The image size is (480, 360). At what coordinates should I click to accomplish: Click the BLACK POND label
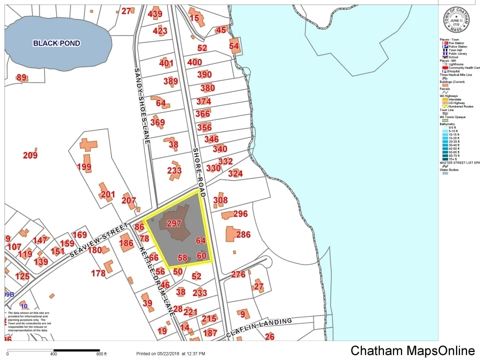click(56, 43)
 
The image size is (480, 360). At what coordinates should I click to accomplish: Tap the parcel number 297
click(173, 223)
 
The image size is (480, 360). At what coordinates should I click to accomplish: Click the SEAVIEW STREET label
click(99, 238)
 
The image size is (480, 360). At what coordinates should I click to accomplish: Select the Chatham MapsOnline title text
click(412, 350)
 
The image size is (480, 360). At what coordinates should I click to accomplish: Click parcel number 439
click(155, 14)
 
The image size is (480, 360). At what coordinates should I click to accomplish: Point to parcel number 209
click(30, 155)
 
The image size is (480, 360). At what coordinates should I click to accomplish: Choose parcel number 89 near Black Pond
click(21, 77)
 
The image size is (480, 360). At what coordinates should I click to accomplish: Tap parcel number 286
click(243, 234)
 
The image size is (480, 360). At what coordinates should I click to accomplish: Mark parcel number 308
click(220, 200)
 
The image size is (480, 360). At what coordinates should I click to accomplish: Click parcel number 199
click(84, 167)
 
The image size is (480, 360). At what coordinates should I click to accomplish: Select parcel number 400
click(194, 62)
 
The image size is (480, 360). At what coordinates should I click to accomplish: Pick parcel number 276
click(238, 274)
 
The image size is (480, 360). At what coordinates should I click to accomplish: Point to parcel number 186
click(126, 243)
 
